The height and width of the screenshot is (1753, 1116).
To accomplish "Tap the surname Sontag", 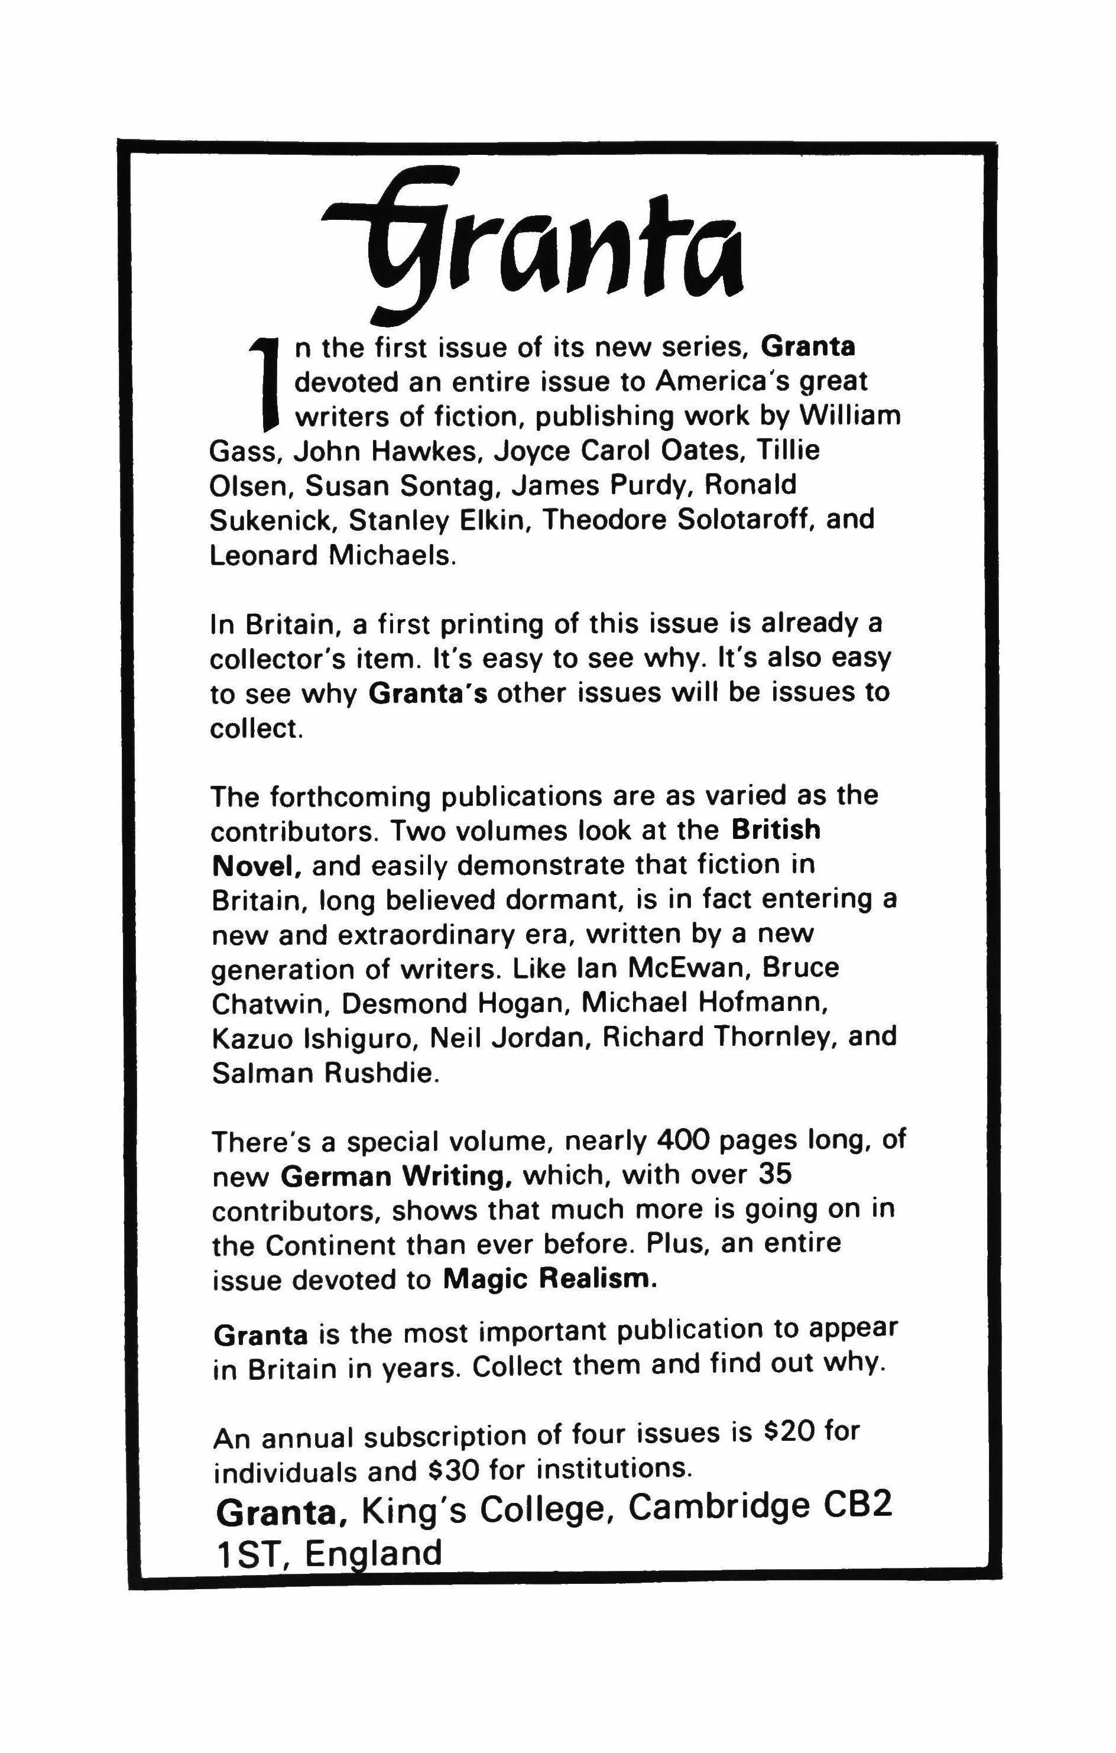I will click(x=456, y=485).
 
